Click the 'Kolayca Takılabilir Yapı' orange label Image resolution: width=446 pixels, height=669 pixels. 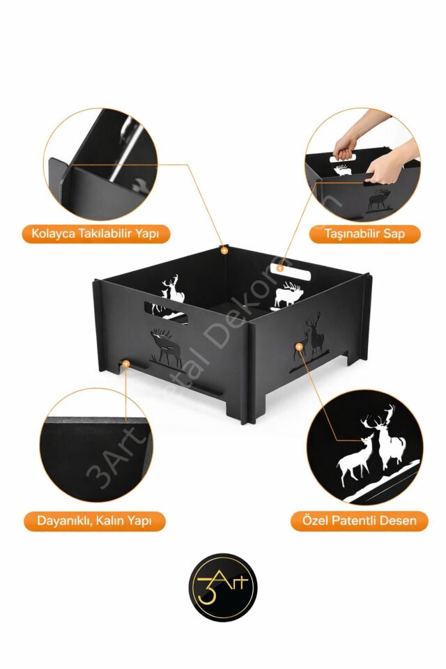coord(95,233)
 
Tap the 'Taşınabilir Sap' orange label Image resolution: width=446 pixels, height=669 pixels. coord(364,233)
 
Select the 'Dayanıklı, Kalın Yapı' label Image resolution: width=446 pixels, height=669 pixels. coord(94,521)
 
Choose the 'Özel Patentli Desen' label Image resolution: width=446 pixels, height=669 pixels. coord(359,521)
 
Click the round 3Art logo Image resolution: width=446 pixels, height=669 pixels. coord(223,587)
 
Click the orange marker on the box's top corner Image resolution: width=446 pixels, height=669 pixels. coord(224,250)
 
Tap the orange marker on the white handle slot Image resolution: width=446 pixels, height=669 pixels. coord(279,268)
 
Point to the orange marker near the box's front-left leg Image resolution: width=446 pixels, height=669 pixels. coord(125,364)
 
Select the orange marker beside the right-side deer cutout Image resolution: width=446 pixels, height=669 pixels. coord(299,347)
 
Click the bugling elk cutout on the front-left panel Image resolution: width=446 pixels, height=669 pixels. coord(167,347)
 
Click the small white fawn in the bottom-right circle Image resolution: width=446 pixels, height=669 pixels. coord(354,461)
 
